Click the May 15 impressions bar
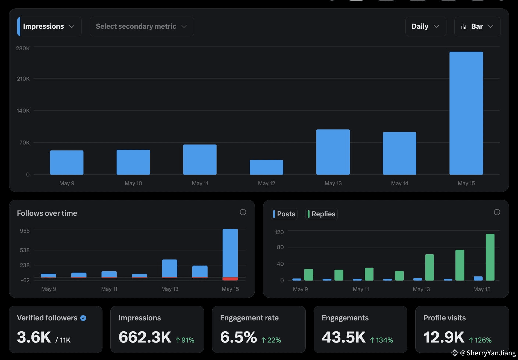point(466,113)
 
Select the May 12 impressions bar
point(266,167)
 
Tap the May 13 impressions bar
point(333,152)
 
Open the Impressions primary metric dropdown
point(49,26)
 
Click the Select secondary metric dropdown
point(142,26)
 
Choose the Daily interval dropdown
point(426,26)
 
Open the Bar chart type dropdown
point(477,26)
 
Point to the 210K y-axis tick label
point(23,79)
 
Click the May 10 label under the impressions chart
point(133,183)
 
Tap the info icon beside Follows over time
point(243,212)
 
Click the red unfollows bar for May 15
point(230,279)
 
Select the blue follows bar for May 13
point(170,268)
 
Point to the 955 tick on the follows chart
point(25,231)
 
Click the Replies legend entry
point(321,214)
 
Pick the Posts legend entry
point(284,214)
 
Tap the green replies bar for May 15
point(490,257)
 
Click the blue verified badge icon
point(83,318)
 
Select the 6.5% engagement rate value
point(239,337)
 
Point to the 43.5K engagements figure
point(344,337)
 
